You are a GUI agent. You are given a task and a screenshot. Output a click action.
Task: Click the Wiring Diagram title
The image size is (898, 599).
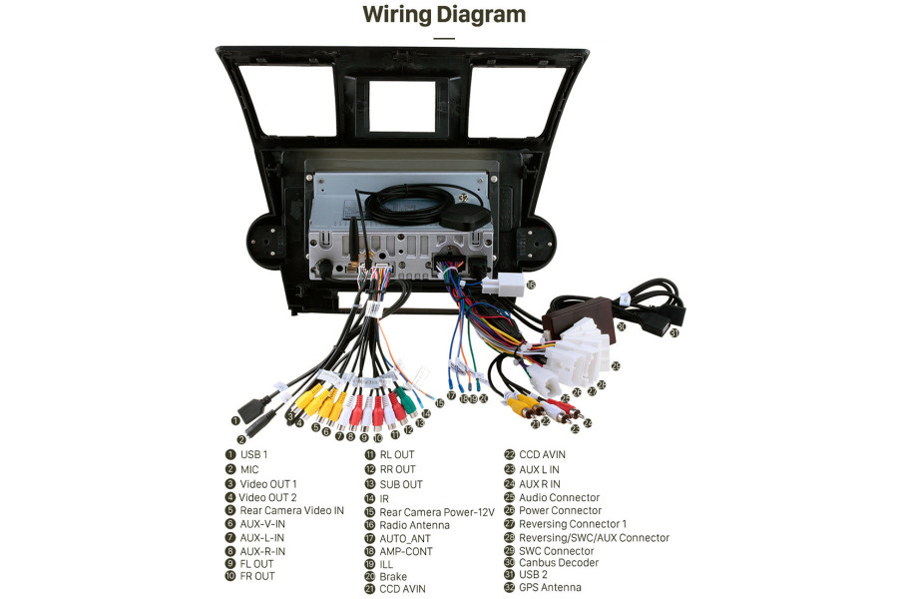[443, 15]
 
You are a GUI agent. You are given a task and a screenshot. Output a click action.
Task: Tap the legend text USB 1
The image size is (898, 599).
[253, 455]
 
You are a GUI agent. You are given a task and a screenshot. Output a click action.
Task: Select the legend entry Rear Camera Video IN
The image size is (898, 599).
[291, 510]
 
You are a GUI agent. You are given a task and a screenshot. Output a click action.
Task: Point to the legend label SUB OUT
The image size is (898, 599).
[401, 484]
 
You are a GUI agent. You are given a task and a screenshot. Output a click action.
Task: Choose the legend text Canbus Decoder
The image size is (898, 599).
[559, 563]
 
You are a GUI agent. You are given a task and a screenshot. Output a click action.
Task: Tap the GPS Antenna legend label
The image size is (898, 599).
[550, 588]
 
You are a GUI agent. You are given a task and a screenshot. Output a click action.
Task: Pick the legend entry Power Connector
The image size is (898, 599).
[560, 511]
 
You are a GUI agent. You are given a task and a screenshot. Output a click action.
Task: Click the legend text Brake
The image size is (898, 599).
[393, 577]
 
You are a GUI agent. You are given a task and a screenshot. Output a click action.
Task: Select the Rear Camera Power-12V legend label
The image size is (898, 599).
[436, 512]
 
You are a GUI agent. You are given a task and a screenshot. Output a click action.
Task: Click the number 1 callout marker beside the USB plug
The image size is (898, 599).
[235, 420]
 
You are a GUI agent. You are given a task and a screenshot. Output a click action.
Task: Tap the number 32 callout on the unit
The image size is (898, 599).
[463, 199]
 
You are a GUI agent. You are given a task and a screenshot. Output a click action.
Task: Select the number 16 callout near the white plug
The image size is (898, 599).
[530, 285]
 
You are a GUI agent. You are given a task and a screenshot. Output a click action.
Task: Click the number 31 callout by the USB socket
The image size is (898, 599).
[673, 333]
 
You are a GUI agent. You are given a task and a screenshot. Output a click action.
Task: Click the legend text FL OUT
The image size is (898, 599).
[256, 564]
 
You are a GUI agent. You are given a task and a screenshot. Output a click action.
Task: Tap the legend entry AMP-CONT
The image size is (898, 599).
[405, 551]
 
